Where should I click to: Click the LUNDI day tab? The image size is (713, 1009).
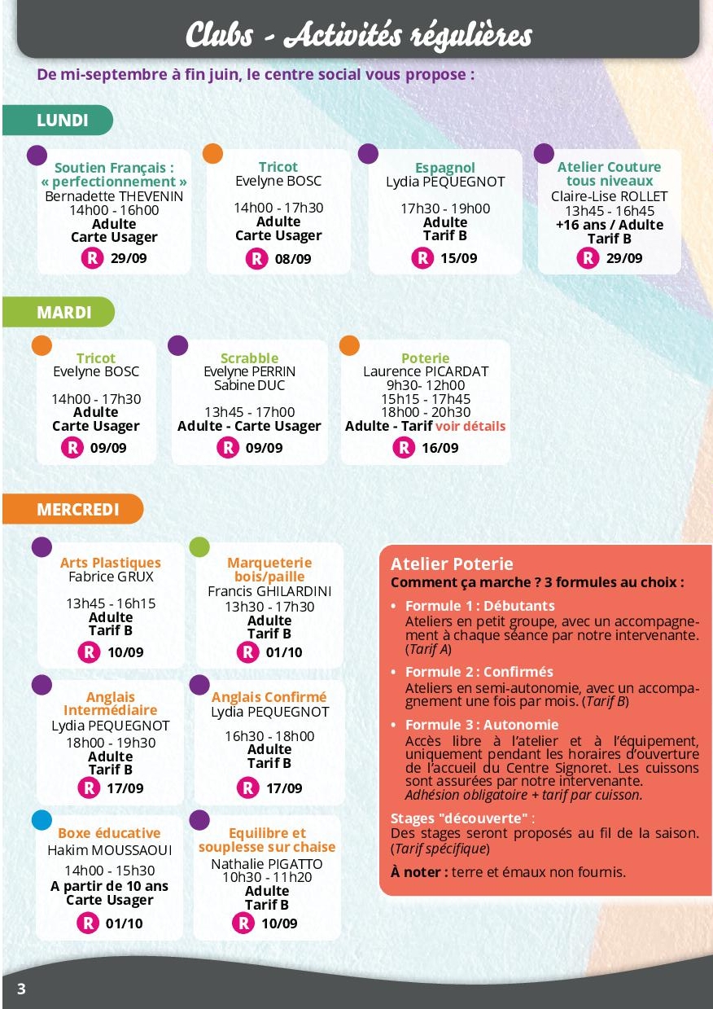[x=62, y=121]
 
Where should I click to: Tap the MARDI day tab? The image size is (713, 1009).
[x=63, y=312]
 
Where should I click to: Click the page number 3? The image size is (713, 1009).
[x=21, y=989]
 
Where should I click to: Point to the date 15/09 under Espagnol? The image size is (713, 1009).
[x=459, y=258]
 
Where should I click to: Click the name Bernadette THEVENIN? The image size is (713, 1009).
[x=114, y=196]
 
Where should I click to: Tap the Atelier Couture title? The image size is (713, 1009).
[x=609, y=167]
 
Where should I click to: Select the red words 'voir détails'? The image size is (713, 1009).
[x=470, y=426]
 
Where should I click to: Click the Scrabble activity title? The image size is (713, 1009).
[x=249, y=358]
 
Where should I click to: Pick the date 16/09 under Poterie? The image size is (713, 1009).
[x=440, y=447]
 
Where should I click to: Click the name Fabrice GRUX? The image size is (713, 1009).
[x=111, y=577]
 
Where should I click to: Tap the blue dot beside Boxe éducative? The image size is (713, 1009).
[x=42, y=819]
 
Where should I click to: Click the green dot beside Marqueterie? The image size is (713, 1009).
[x=199, y=546]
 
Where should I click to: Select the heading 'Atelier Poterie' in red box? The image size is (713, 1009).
[x=452, y=564]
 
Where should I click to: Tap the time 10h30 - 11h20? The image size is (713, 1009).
[x=267, y=877]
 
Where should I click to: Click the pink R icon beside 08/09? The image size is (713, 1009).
[x=256, y=259]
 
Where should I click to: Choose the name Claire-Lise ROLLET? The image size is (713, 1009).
[x=609, y=196]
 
